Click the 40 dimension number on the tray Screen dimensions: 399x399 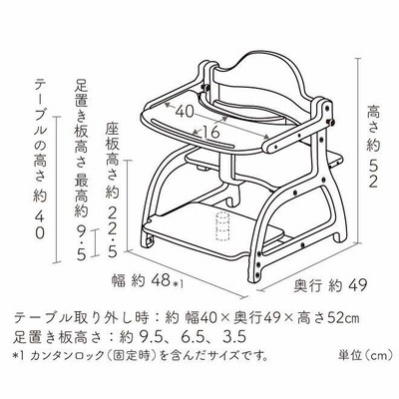184,112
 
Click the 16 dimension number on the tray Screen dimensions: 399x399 210,133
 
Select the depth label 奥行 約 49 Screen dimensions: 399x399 330,285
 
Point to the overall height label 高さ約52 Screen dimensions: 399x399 373,147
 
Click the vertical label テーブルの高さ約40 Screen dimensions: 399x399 41,159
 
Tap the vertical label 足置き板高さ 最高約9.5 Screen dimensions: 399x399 82,170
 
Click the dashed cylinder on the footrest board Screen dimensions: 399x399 222,225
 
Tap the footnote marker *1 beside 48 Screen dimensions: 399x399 179,283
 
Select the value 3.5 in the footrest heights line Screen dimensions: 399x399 234,336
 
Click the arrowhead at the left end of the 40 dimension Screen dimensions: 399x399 168,106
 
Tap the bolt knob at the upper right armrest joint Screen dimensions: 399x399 331,122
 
